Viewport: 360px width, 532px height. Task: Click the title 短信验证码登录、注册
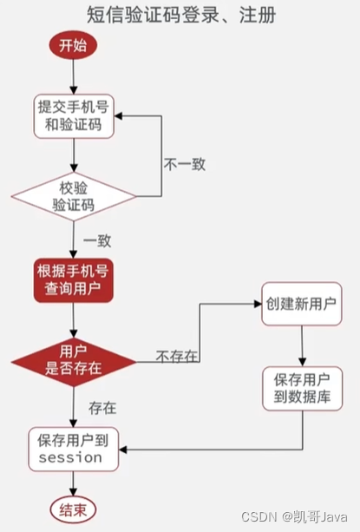click(180, 15)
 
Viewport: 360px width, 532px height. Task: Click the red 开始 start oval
click(73, 46)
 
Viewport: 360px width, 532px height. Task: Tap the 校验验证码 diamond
click(74, 196)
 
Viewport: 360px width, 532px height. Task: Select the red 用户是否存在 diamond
click(74, 358)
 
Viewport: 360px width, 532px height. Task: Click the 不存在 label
click(177, 356)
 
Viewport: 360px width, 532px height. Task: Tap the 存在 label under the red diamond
click(102, 405)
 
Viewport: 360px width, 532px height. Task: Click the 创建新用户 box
click(301, 305)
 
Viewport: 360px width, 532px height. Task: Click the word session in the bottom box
click(71, 457)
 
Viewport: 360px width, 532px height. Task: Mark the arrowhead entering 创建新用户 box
click(257, 305)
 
